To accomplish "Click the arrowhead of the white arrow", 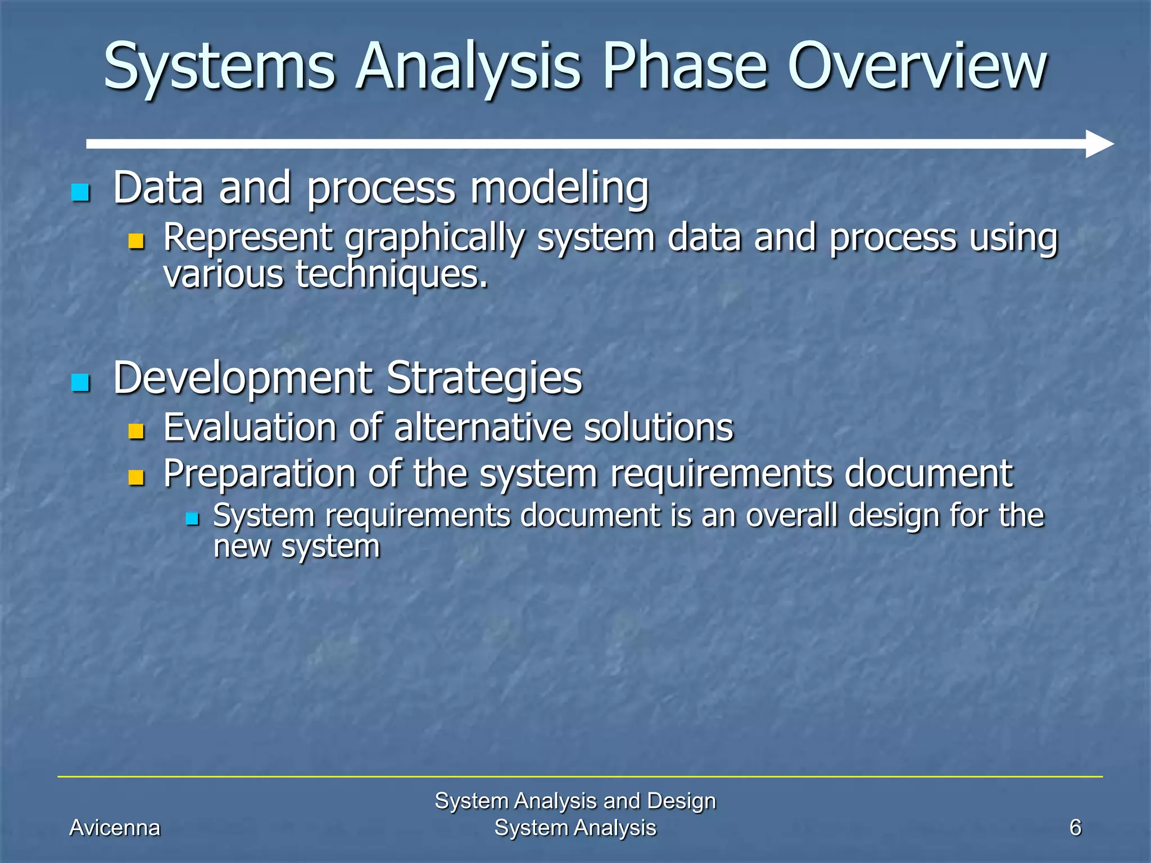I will (1099, 144).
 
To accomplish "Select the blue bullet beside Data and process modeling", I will (81, 192).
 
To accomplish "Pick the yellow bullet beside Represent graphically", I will (137, 241).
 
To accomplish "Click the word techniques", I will (392, 275).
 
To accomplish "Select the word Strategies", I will (484, 379).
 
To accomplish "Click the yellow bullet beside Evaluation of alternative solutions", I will (137, 431).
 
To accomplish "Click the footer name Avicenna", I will (115, 828).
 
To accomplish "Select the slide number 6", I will (1075, 828).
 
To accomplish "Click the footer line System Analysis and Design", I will (575, 801).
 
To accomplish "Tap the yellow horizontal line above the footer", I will (579, 776).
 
